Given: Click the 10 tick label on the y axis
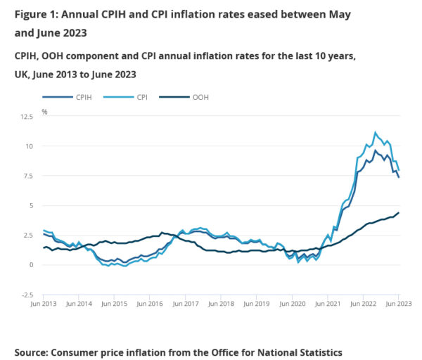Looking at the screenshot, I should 28,146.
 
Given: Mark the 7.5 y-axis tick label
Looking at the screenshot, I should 26,176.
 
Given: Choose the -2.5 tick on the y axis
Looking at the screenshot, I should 25,295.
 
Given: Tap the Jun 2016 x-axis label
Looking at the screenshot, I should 151,304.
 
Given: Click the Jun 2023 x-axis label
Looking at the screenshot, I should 399,304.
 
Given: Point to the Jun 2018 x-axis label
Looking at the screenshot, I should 222,304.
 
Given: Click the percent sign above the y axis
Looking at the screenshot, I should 44,111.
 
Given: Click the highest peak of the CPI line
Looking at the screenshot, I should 375,132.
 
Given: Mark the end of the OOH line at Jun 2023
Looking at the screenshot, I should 399,212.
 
